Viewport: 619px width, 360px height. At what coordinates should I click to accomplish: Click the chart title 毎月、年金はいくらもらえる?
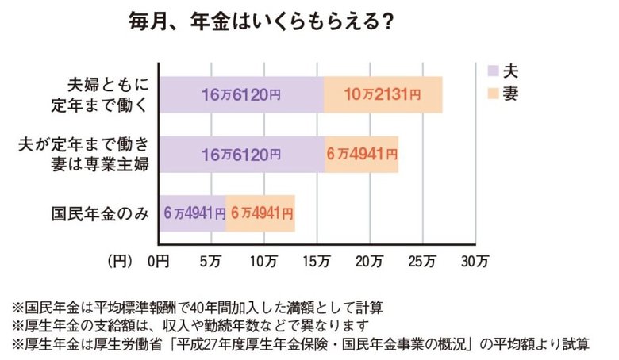pos(263,21)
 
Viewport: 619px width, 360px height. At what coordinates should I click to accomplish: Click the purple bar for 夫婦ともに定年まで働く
pos(241,95)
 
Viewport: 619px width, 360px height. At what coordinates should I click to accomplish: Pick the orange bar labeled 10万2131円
pos(383,95)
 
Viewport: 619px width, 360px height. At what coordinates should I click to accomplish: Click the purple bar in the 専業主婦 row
pos(241,154)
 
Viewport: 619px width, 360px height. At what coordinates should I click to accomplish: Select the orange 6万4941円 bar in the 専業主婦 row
pos(361,154)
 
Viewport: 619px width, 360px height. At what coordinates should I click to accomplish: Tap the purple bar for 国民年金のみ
pos(193,213)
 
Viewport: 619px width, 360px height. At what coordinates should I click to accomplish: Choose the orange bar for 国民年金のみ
pos(260,213)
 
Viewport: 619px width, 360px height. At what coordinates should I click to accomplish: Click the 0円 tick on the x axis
pos(159,259)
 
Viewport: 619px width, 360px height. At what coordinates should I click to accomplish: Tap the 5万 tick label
pos(211,259)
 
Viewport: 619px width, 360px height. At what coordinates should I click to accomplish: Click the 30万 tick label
pos(476,259)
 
